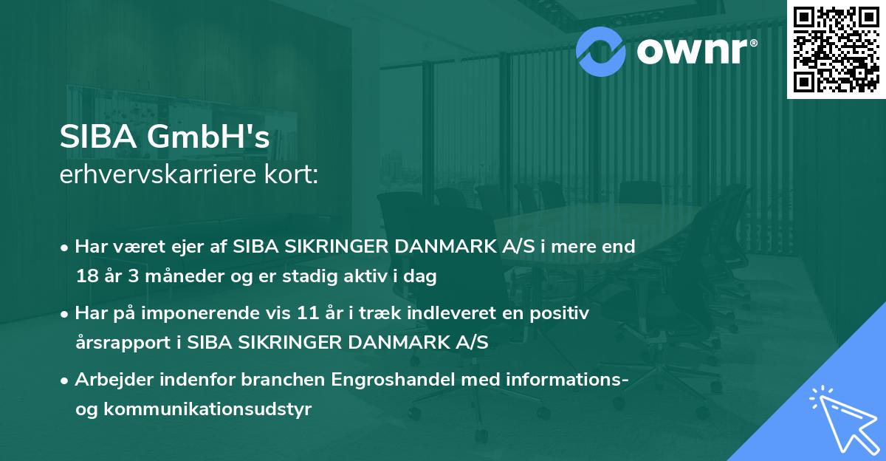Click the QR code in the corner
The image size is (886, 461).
pyautogui.click(x=836, y=49)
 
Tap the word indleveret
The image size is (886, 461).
pyautogui.click(x=453, y=314)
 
